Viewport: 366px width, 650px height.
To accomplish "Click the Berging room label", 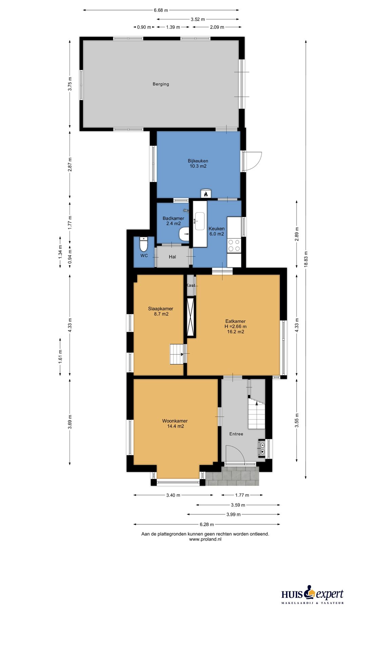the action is (161, 84).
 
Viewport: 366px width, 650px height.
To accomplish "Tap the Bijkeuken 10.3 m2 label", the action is (198, 164).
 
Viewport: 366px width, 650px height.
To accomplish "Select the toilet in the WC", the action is (144, 244).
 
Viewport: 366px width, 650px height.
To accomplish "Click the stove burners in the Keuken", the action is (234, 246).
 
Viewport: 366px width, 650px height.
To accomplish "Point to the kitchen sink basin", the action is (200, 221).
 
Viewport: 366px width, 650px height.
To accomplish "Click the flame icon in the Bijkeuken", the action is (206, 194).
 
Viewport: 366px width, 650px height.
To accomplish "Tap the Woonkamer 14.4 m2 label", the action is (175, 424).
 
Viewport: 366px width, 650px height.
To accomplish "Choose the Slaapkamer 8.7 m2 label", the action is (161, 311).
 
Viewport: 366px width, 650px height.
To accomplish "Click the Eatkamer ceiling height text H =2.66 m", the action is (236, 327).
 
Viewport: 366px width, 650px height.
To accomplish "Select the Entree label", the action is (236, 434).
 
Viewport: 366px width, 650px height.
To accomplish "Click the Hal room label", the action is (172, 257).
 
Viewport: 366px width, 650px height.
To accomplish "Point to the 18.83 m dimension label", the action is (306, 259).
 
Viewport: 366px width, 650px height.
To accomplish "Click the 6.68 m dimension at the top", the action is (161, 10).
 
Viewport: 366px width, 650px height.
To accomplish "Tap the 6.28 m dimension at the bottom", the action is (207, 524).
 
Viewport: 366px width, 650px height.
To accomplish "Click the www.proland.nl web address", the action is (205, 539).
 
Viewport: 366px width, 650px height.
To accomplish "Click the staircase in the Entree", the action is (257, 413).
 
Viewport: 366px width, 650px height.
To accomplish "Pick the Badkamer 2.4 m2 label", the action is (173, 221).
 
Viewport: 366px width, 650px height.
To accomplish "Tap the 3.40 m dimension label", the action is (173, 495).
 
